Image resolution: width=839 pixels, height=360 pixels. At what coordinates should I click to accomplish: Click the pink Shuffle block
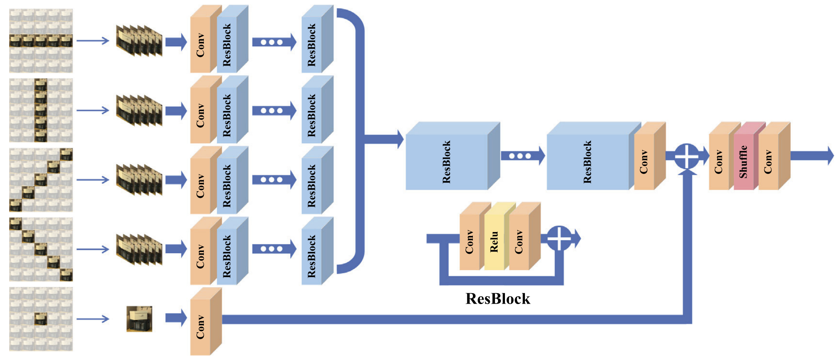click(744, 161)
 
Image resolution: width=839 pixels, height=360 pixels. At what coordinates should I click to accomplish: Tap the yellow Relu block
click(494, 242)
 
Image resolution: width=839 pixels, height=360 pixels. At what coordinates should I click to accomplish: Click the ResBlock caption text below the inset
click(498, 299)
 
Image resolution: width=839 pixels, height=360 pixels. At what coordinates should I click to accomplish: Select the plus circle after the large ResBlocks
click(687, 156)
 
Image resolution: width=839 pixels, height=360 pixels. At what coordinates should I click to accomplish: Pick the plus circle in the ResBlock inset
click(559, 238)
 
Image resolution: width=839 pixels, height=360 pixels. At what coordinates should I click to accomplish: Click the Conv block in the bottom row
click(200, 326)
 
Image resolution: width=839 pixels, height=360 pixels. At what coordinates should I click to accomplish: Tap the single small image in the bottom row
click(139, 319)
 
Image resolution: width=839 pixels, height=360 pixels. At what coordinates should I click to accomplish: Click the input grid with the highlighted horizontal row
click(41, 41)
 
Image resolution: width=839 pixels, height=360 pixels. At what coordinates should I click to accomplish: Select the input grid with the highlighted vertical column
click(41, 110)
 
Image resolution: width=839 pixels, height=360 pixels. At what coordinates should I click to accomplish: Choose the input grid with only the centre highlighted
click(41, 319)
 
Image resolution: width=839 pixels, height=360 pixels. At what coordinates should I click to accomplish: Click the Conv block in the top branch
click(200, 45)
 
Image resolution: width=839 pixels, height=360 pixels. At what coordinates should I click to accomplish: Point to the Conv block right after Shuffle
click(768, 161)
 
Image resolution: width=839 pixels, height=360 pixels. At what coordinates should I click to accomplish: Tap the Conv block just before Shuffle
click(719, 161)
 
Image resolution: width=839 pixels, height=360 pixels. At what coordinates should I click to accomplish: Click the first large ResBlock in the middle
click(446, 161)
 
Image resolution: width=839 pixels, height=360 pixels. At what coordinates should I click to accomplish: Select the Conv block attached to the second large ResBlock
click(644, 161)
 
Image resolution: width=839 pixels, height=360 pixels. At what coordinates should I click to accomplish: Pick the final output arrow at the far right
click(812, 156)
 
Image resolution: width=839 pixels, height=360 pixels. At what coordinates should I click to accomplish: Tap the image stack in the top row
click(139, 41)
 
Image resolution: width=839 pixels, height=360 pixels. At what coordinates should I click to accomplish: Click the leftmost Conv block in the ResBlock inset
click(469, 242)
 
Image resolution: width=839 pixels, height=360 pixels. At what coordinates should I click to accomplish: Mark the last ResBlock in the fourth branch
click(312, 256)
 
